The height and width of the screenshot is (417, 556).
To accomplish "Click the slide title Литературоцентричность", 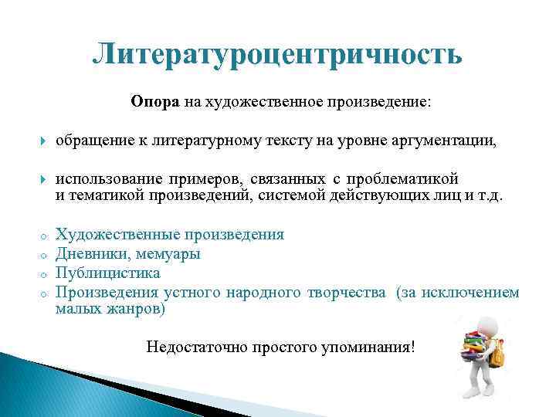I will tap(277, 55).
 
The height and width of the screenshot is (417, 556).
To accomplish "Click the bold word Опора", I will tap(155, 103).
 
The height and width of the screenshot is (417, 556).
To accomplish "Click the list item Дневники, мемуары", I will tap(128, 254).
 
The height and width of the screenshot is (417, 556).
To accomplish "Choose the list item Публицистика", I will tap(108, 273).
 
